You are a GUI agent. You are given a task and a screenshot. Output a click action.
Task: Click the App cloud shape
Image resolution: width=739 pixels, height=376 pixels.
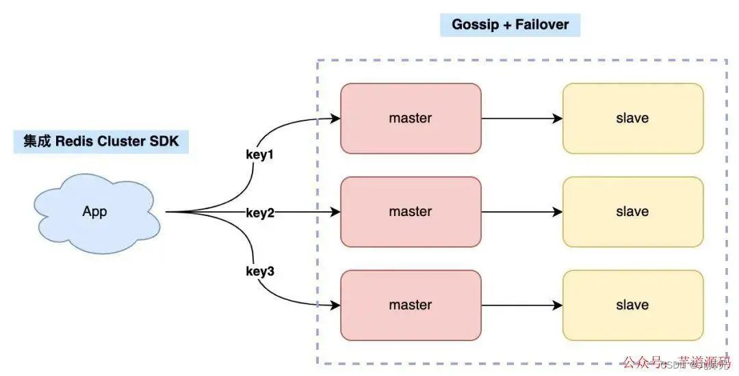pyautogui.click(x=95, y=212)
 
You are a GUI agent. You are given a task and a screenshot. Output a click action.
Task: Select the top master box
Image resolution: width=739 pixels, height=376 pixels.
pyautogui.click(x=411, y=118)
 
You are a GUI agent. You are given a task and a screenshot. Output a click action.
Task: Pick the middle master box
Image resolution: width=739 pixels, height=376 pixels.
pyautogui.click(x=411, y=212)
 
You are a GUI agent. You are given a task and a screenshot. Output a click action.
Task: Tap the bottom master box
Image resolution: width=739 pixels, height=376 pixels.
pyautogui.click(x=411, y=305)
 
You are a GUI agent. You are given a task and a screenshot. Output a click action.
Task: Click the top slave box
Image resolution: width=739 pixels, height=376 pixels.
pyautogui.click(x=632, y=118)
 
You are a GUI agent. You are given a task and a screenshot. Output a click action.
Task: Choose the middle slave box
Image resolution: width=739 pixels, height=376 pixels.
pyautogui.click(x=632, y=212)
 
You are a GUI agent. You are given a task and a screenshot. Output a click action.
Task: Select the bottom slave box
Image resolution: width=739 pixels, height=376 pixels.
pyautogui.click(x=632, y=305)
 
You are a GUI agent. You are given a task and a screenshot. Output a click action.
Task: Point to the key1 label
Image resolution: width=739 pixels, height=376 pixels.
pyautogui.click(x=260, y=155)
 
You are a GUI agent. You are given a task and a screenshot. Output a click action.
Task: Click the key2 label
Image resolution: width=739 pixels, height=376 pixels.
pyautogui.click(x=260, y=213)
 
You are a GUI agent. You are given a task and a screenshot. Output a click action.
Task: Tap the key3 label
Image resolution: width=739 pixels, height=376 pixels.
pyautogui.click(x=260, y=271)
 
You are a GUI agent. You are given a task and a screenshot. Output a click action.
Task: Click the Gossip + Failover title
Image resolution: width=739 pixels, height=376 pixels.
pyautogui.click(x=510, y=25)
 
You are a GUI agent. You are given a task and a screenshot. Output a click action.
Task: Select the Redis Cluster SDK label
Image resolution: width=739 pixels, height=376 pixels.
pyautogui.click(x=101, y=142)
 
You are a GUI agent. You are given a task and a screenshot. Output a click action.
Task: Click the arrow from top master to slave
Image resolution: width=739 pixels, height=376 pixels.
pyautogui.click(x=521, y=118)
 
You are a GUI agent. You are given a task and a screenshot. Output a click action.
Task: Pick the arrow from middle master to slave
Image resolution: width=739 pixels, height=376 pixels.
pyautogui.click(x=521, y=212)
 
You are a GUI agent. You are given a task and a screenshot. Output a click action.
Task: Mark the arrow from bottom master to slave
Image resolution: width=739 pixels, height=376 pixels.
pyautogui.click(x=521, y=305)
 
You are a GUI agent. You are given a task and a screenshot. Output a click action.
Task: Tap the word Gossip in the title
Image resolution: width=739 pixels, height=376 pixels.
pyautogui.click(x=476, y=25)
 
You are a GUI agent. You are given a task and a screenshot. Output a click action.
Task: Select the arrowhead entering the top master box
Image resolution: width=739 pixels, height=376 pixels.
pyautogui.click(x=335, y=118)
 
